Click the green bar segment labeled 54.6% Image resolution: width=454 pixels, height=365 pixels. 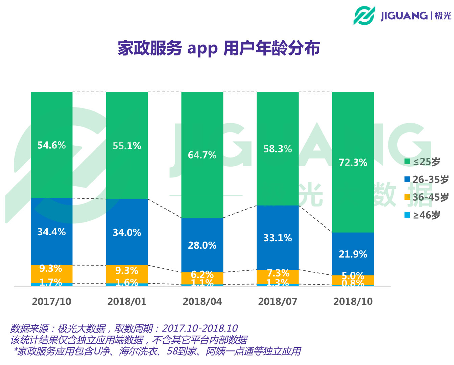[x=51, y=145]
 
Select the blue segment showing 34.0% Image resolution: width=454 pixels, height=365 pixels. [x=127, y=232]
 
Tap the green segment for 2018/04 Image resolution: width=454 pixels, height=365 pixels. [x=202, y=155]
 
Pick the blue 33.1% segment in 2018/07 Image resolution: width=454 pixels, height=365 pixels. [x=278, y=238]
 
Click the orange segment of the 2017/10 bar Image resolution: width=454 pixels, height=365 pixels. [x=51, y=274]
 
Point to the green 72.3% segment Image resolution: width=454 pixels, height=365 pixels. [x=353, y=162]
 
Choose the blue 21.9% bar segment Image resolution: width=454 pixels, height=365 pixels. [x=353, y=254]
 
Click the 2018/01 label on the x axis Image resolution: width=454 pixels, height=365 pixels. [x=127, y=301]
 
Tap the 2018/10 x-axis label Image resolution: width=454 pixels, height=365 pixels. [x=353, y=301]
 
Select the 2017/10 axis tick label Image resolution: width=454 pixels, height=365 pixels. [x=51, y=301]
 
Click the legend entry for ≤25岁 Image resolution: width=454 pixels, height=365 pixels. [x=423, y=162]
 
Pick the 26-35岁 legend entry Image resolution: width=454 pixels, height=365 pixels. [x=427, y=179]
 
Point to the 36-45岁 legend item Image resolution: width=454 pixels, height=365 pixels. [x=427, y=197]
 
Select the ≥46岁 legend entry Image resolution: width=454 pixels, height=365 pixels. [x=423, y=215]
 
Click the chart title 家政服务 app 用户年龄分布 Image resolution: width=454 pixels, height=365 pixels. [x=219, y=48]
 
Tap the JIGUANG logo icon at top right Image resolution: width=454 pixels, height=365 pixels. [x=364, y=15]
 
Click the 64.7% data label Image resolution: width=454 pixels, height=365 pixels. [x=202, y=155]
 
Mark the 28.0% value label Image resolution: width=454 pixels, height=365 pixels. [x=202, y=245]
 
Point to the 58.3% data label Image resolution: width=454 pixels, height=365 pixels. [x=278, y=149]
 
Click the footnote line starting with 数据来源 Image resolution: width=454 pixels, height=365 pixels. [x=124, y=328]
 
